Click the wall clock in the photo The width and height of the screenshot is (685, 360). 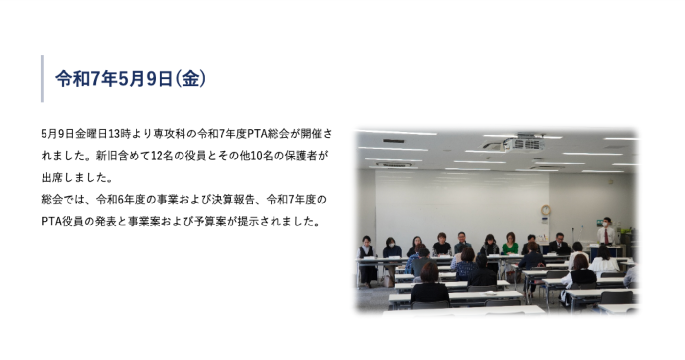pos(546,210)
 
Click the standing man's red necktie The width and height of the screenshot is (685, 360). pos(606,236)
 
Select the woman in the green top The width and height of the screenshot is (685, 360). pos(510,245)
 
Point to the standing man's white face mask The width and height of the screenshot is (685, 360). pos(605,224)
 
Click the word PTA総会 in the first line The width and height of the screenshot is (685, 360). pos(268,134)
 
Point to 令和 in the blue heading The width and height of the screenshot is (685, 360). pos(72,79)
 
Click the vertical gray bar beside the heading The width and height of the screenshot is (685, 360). pos(42,79)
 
